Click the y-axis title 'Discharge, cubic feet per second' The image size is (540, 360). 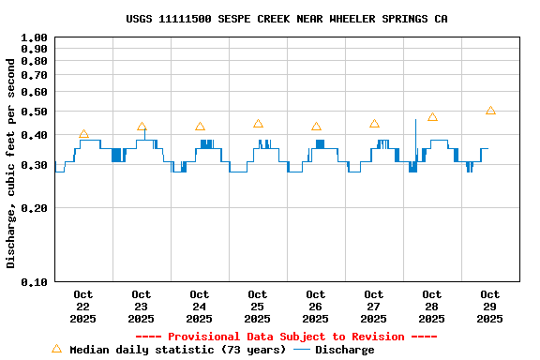pyautogui.click(x=11, y=163)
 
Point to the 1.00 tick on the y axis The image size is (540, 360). pyautogui.click(x=34, y=38)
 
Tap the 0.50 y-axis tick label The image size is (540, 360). pyautogui.click(x=34, y=112)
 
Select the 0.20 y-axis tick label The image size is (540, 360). pyautogui.click(x=34, y=208)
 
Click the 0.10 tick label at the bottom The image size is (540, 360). pyautogui.click(x=34, y=281)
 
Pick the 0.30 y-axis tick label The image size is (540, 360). pyautogui.click(x=34, y=166)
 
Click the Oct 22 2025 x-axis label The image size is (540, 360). pyautogui.click(x=83, y=307)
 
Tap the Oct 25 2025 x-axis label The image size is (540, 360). pyautogui.click(x=258, y=307)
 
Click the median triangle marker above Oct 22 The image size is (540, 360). pyautogui.click(x=83, y=135)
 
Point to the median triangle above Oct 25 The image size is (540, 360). pyautogui.click(x=258, y=124)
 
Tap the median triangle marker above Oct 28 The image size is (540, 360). pyautogui.click(x=432, y=117)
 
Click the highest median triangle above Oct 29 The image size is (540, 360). pyautogui.click(x=490, y=111)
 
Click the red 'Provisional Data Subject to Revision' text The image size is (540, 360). pyautogui.click(x=286, y=337)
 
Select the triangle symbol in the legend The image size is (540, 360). pyautogui.click(x=56, y=349)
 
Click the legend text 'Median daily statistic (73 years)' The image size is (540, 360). pyautogui.click(x=178, y=350)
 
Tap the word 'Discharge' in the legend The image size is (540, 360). pyautogui.click(x=344, y=350)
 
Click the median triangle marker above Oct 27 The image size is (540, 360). pyautogui.click(x=374, y=124)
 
